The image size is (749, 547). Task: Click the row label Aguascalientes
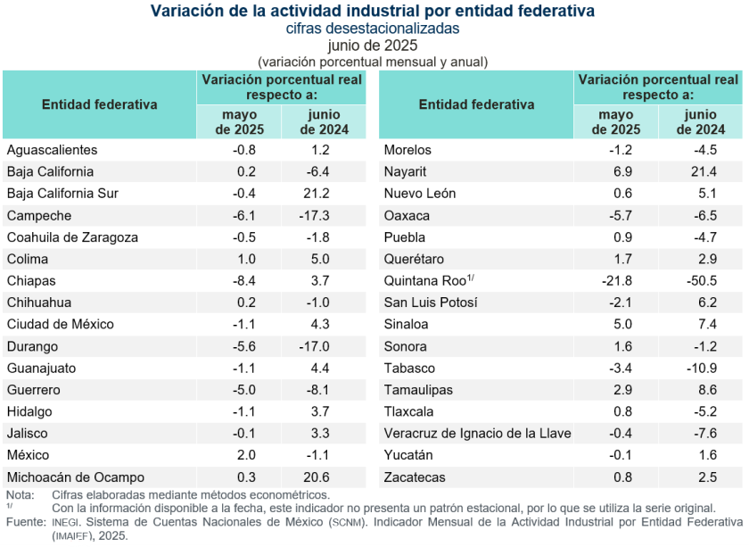point(52,150)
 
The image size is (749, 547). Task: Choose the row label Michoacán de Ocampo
point(75,477)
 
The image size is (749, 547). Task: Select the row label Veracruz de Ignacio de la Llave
point(477,434)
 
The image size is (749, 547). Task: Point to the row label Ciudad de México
point(60,324)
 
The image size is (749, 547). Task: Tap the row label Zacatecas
point(415,477)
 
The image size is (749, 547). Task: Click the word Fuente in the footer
point(25,520)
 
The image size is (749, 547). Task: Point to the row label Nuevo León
point(419,194)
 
